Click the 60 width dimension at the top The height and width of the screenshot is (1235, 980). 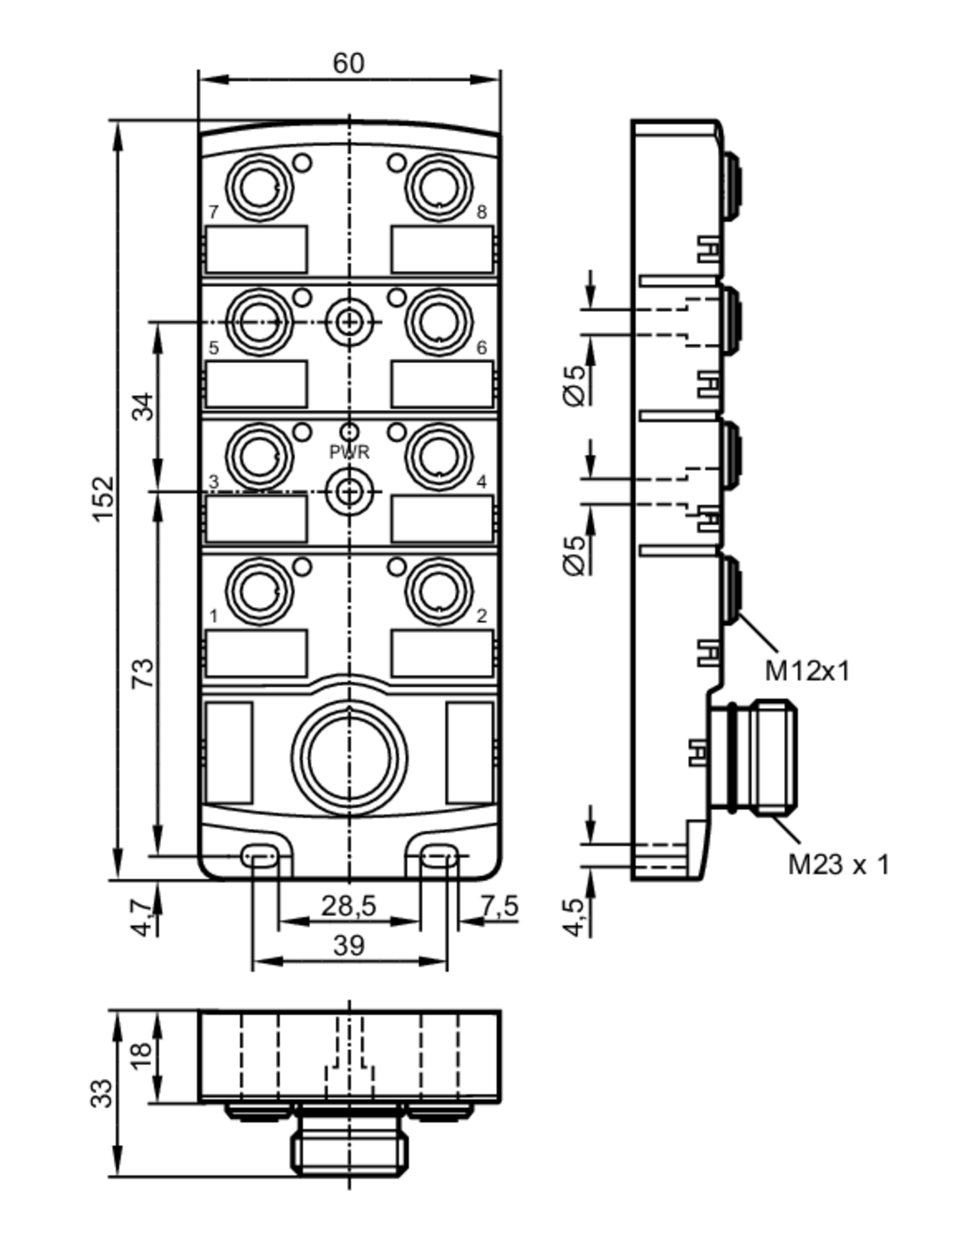(348, 64)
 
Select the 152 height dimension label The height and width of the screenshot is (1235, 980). (104, 499)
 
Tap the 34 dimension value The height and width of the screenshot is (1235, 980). (144, 407)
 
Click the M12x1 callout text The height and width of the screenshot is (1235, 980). (807, 671)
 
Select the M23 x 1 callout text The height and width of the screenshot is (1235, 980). (838, 864)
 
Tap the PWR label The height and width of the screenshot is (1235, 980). (349, 452)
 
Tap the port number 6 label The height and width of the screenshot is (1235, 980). (482, 347)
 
